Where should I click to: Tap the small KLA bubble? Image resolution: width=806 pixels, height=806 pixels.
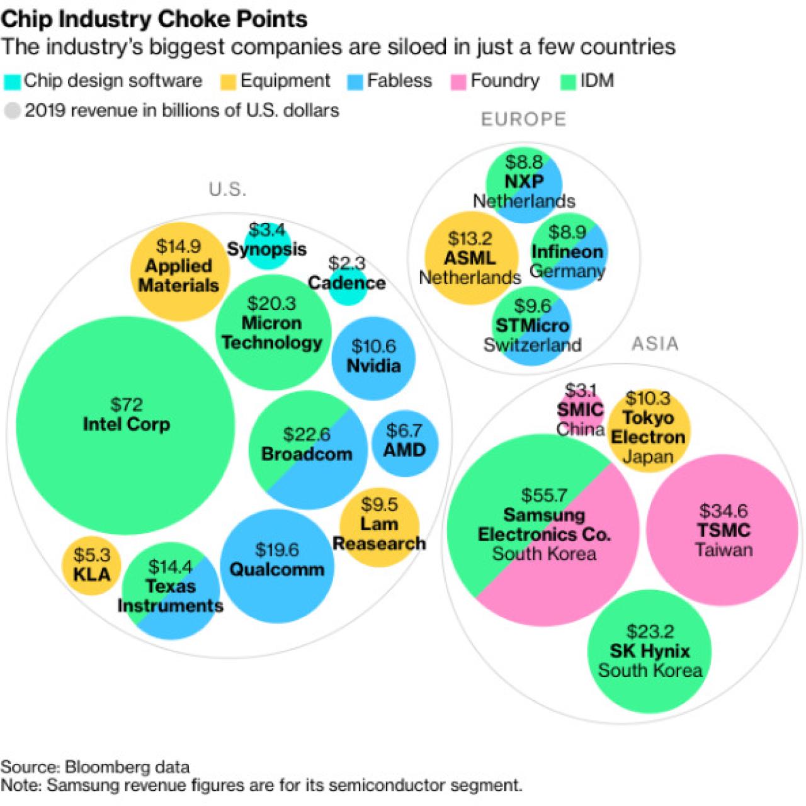click(x=91, y=565)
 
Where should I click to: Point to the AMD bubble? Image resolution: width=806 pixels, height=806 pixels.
click(x=404, y=441)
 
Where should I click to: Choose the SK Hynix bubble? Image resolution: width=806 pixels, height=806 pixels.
click(x=649, y=650)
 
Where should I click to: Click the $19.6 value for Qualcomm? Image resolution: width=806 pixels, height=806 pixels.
click(x=276, y=550)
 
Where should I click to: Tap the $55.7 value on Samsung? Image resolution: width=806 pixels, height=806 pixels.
click(x=544, y=496)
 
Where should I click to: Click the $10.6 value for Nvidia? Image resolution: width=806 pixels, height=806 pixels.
click(x=373, y=346)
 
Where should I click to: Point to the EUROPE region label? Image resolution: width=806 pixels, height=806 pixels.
click(x=523, y=120)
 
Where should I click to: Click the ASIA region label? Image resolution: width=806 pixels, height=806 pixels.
click(x=655, y=344)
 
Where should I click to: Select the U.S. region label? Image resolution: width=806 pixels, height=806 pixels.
click(x=228, y=190)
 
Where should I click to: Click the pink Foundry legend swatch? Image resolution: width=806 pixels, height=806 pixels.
click(x=458, y=82)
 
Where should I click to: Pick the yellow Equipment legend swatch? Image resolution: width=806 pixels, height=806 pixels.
click(x=228, y=82)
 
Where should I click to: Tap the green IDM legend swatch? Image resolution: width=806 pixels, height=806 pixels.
click(x=568, y=82)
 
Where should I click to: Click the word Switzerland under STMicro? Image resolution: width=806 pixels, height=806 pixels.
click(x=532, y=345)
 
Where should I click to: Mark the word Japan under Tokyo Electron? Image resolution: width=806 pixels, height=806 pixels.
click(x=648, y=457)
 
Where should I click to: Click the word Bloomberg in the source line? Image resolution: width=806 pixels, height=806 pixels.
click(x=107, y=766)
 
